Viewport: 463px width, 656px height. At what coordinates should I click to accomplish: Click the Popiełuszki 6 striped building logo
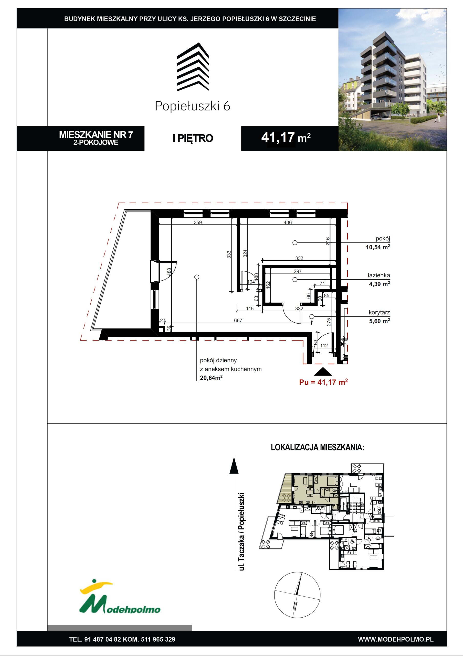click(x=193, y=67)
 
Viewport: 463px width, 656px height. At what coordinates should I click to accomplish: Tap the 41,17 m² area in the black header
click(x=286, y=138)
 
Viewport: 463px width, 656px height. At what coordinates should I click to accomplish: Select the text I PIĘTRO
click(x=193, y=138)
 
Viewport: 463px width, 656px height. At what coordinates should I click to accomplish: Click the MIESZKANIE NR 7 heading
click(x=96, y=134)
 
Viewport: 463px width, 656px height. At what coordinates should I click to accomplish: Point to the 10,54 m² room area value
click(x=378, y=247)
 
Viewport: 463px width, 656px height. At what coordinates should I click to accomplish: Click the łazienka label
click(x=378, y=275)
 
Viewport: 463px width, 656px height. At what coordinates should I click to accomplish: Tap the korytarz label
click(x=379, y=313)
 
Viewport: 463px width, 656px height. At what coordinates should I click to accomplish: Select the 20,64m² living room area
click(x=211, y=378)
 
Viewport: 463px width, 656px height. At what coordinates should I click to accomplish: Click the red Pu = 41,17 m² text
click(x=323, y=382)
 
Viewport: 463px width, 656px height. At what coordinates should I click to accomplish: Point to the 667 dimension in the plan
click(x=238, y=320)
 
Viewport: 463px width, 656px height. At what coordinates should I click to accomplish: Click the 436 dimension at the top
click(x=287, y=222)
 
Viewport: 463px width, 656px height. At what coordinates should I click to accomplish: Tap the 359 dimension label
click(x=198, y=222)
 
